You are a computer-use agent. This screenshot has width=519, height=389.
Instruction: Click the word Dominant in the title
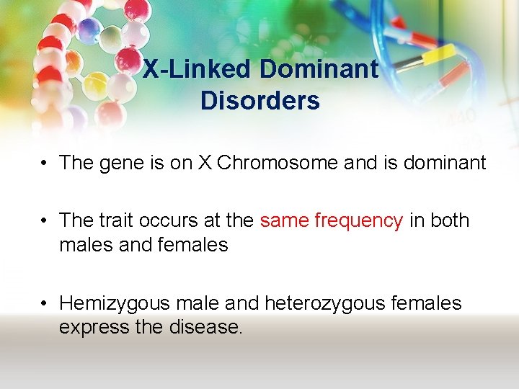click(319, 70)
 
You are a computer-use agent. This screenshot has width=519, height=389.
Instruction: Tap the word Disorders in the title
click(259, 101)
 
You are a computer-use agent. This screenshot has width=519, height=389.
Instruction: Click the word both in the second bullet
click(450, 220)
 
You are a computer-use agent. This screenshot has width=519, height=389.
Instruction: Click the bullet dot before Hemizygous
click(45, 303)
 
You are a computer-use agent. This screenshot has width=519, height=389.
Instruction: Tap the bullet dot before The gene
click(45, 164)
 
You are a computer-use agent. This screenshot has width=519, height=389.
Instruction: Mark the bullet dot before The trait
click(45, 220)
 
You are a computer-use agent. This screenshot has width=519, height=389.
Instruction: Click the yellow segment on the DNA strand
click(439, 55)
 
